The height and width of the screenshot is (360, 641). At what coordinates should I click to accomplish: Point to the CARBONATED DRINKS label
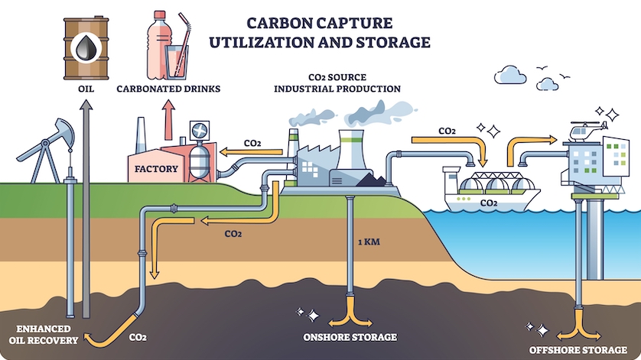pyautogui.click(x=168, y=89)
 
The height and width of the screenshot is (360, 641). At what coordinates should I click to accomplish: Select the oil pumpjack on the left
pyautogui.click(x=46, y=149)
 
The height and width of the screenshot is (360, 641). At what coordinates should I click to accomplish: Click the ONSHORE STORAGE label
pyautogui.click(x=350, y=337)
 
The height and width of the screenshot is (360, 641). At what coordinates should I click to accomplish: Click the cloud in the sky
pyautogui.click(x=513, y=75)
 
